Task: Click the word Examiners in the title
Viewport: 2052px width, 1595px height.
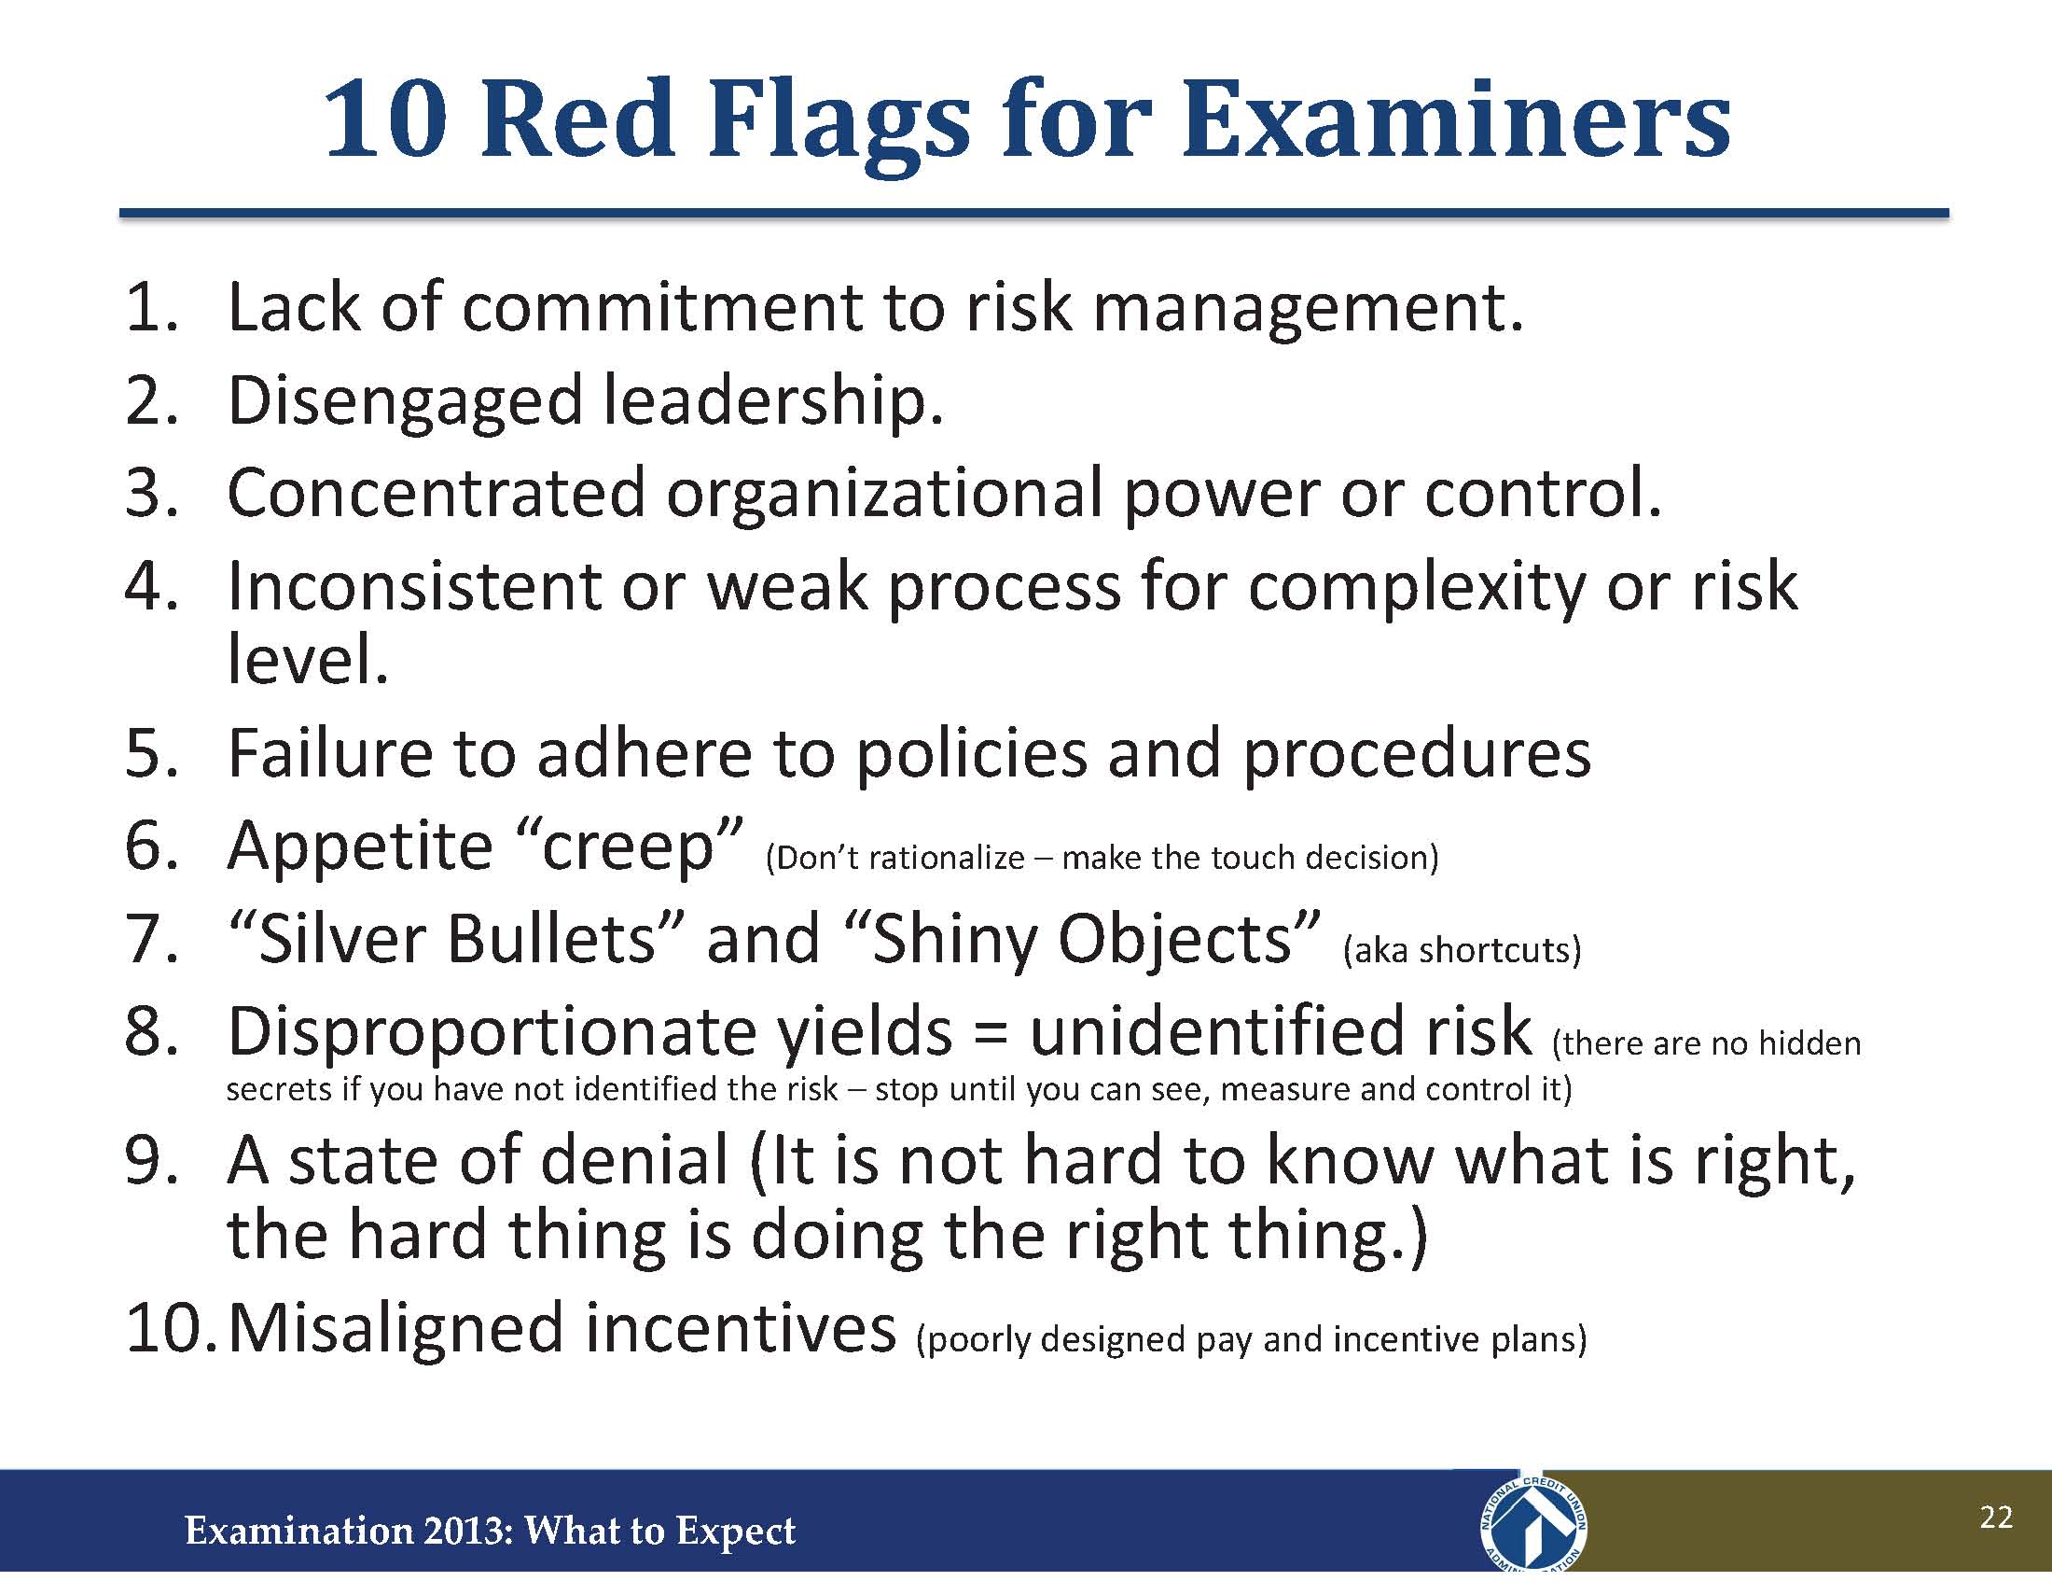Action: click(x=1456, y=120)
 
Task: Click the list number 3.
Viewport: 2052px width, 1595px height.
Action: click(x=151, y=493)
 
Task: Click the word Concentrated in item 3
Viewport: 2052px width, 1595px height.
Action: click(x=437, y=493)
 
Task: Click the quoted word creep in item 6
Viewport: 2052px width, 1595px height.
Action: click(x=631, y=848)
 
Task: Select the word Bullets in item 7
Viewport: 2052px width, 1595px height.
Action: click(x=550, y=939)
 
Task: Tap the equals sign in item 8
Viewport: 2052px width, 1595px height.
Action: click(x=991, y=1034)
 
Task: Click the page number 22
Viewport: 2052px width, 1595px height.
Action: click(x=1996, y=1518)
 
